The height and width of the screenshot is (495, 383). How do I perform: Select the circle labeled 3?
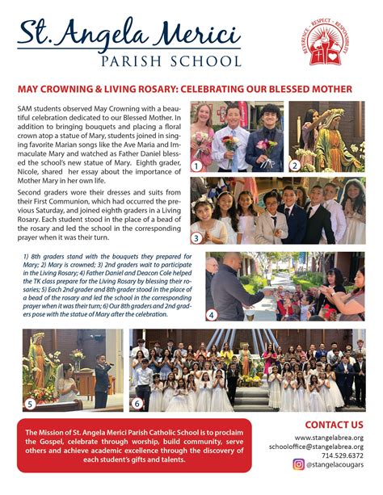click(196, 237)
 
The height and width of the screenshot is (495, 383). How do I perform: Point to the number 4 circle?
click(212, 315)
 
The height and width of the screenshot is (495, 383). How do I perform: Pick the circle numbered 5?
click(31, 404)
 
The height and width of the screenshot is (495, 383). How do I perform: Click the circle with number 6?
click(137, 404)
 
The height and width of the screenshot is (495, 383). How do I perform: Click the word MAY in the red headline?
click(28, 88)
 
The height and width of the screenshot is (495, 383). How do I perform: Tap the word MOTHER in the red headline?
click(333, 88)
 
